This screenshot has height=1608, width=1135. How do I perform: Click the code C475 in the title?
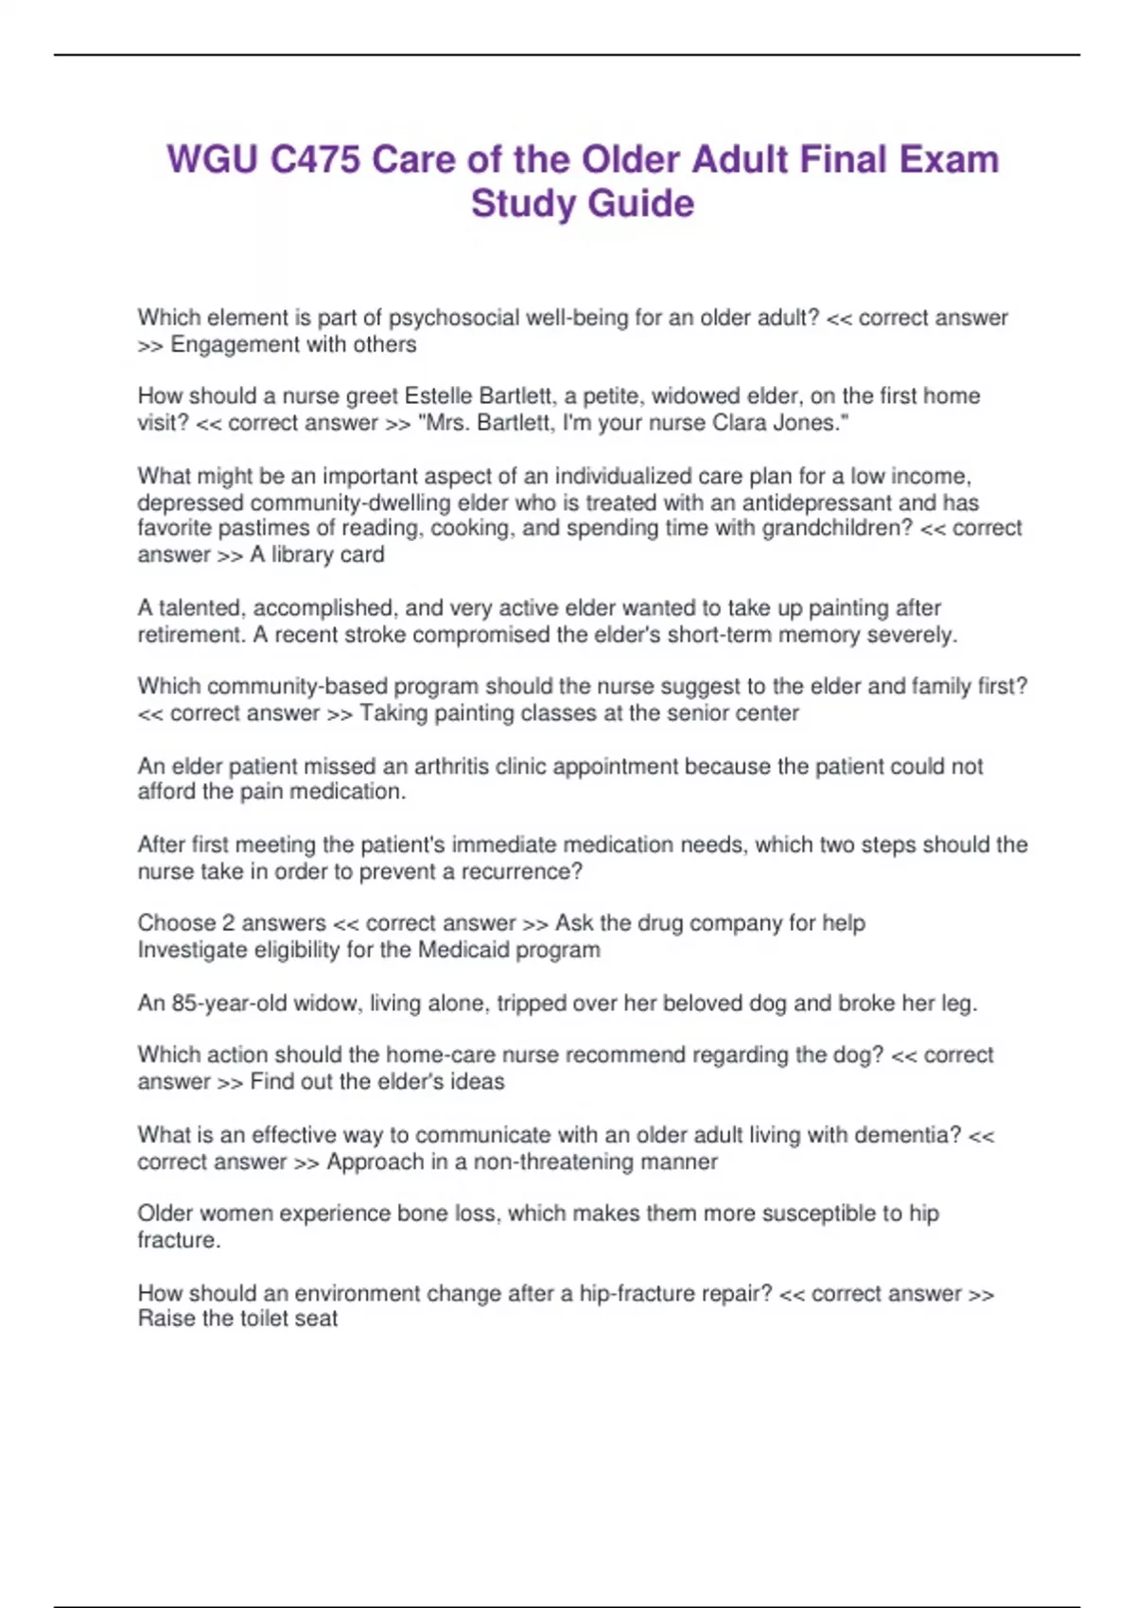pos(315,160)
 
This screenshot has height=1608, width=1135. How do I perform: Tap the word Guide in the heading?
pos(641,203)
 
